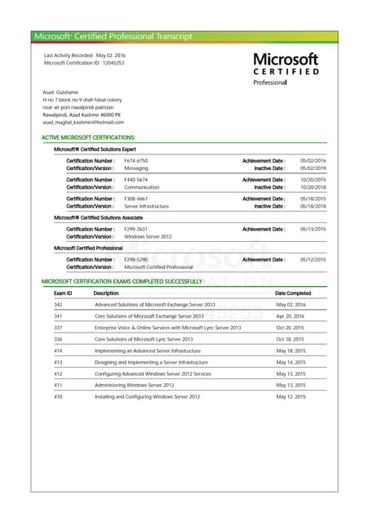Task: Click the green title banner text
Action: pyautogui.click(x=113, y=36)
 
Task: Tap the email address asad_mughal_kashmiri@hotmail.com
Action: pyautogui.click(x=83, y=122)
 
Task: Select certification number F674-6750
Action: pyautogui.click(x=136, y=160)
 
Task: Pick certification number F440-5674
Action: pyautogui.click(x=136, y=180)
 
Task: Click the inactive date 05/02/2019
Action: pyautogui.click(x=313, y=168)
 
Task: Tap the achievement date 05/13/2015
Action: pyautogui.click(x=313, y=229)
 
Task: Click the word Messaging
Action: pyautogui.click(x=136, y=168)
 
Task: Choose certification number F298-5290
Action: pyautogui.click(x=136, y=259)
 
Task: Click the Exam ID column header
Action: pyautogui.click(x=63, y=293)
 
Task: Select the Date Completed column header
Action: pyautogui.click(x=292, y=293)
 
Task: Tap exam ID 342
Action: pyautogui.click(x=58, y=304)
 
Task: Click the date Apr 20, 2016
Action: pyautogui.click(x=290, y=315)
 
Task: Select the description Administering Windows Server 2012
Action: pyautogui.click(x=135, y=384)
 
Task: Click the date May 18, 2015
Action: pyautogui.click(x=291, y=350)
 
